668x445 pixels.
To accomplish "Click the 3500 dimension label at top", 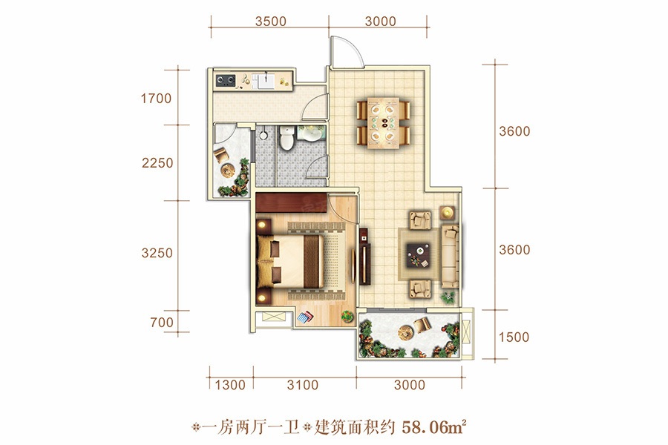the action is pyautogui.click(x=270, y=22).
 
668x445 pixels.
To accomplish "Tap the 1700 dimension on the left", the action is pyautogui.click(x=156, y=99).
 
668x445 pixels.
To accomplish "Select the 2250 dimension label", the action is pyautogui.click(x=157, y=162).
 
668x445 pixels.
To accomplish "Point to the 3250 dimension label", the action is pyautogui.click(x=157, y=253).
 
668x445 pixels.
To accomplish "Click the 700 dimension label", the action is pyautogui.click(x=162, y=323).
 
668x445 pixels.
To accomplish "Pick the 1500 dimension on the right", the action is pyautogui.click(x=514, y=337).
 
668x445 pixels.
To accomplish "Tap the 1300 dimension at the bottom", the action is pyautogui.click(x=230, y=385).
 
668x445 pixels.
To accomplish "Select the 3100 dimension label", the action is pyautogui.click(x=303, y=385).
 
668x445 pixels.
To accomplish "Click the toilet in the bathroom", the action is pyautogui.click(x=286, y=137).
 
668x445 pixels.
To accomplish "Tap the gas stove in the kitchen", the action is pyautogui.click(x=226, y=80).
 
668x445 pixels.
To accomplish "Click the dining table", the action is pyautogui.click(x=384, y=122).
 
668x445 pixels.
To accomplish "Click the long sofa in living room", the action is pyautogui.click(x=450, y=257).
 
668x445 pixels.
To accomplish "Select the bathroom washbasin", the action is pyautogui.click(x=312, y=133).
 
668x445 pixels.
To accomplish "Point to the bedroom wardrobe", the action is pyautogui.click(x=292, y=202).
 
